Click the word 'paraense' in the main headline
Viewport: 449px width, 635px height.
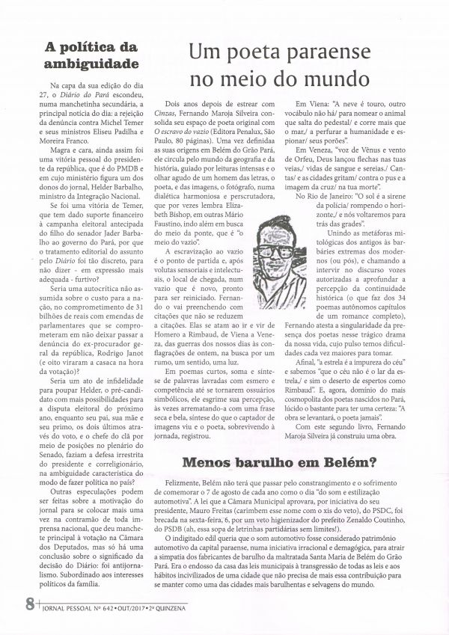(x=337, y=52)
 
